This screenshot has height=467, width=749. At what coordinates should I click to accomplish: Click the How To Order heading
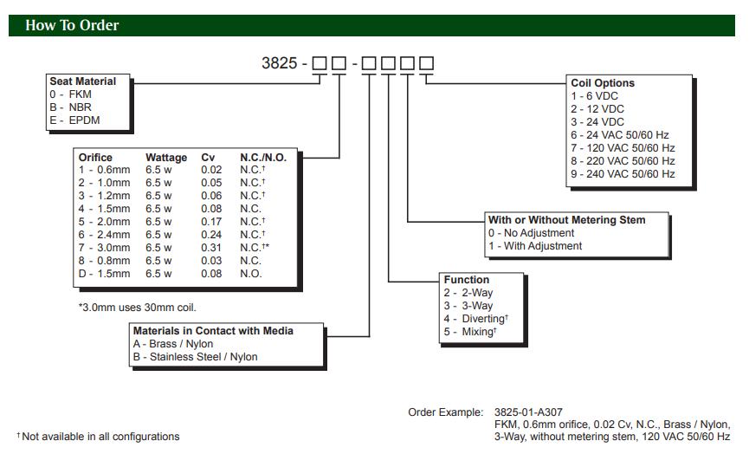click(72, 25)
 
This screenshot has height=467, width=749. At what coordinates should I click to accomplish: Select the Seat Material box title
click(82, 81)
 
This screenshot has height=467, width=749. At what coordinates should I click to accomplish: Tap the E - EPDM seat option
click(74, 120)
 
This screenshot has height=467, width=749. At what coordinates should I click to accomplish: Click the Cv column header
click(208, 158)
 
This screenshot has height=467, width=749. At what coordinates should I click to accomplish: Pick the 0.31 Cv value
click(211, 248)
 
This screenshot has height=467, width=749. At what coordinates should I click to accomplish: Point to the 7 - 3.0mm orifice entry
click(104, 248)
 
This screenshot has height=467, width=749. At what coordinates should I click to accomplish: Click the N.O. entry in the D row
click(250, 274)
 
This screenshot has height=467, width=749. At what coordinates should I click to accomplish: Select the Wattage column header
click(165, 158)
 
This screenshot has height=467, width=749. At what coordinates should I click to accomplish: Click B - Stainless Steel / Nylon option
click(195, 356)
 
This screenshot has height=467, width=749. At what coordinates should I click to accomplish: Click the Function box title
click(466, 280)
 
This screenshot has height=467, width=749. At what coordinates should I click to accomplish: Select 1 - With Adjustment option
click(535, 246)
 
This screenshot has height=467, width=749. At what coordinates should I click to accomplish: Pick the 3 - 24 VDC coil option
click(597, 122)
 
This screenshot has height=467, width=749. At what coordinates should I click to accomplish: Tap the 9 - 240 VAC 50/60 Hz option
click(623, 174)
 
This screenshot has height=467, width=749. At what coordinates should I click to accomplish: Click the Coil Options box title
click(603, 83)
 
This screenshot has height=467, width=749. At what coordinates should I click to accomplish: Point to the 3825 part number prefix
click(279, 63)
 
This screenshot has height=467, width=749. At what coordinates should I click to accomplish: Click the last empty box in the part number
click(426, 63)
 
